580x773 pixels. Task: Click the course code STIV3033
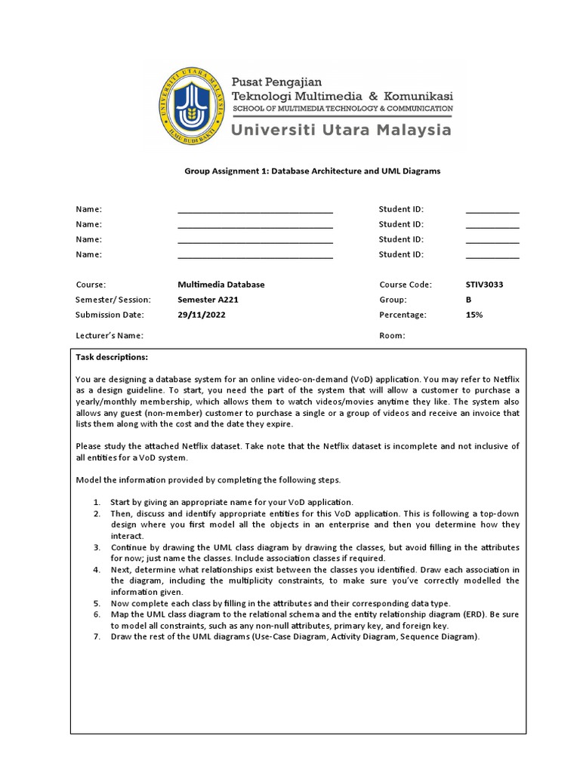coord(484,285)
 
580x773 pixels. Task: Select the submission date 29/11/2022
coord(201,315)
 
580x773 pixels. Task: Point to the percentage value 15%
coord(474,315)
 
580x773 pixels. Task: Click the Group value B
coord(469,300)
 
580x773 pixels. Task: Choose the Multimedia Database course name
coord(221,285)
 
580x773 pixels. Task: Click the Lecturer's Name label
coord(110,336)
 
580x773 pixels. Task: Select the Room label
coord(392,336)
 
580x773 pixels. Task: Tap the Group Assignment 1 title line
coord(312,171)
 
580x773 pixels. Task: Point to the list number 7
coord(97,637)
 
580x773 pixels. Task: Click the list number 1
coord(97,502)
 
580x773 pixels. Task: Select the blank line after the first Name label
coord(255,210)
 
